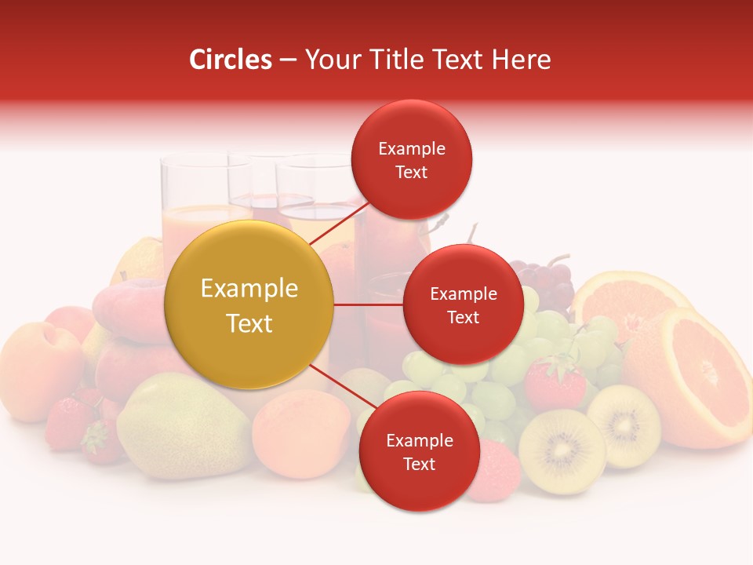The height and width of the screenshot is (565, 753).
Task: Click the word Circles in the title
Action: pyautogui.click(x=230, y=60)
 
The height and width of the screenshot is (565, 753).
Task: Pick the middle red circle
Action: pyautogui.click(x=463, y=304)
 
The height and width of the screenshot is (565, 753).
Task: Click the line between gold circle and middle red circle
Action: pyautogui.click(x=369, y=304)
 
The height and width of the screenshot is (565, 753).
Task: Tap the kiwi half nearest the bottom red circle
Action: pyautogui.click(x=562, y=451)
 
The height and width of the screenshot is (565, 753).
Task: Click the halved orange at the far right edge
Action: pyautogui.click(x=694, y=377)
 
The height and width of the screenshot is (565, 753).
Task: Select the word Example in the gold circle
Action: pyautogui.click(x=249, y=289)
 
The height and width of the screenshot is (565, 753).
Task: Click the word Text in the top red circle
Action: pyautogui.click(x=412, y=172)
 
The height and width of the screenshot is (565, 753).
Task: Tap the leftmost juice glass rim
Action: pyautogui.click(x=195, y=159)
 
